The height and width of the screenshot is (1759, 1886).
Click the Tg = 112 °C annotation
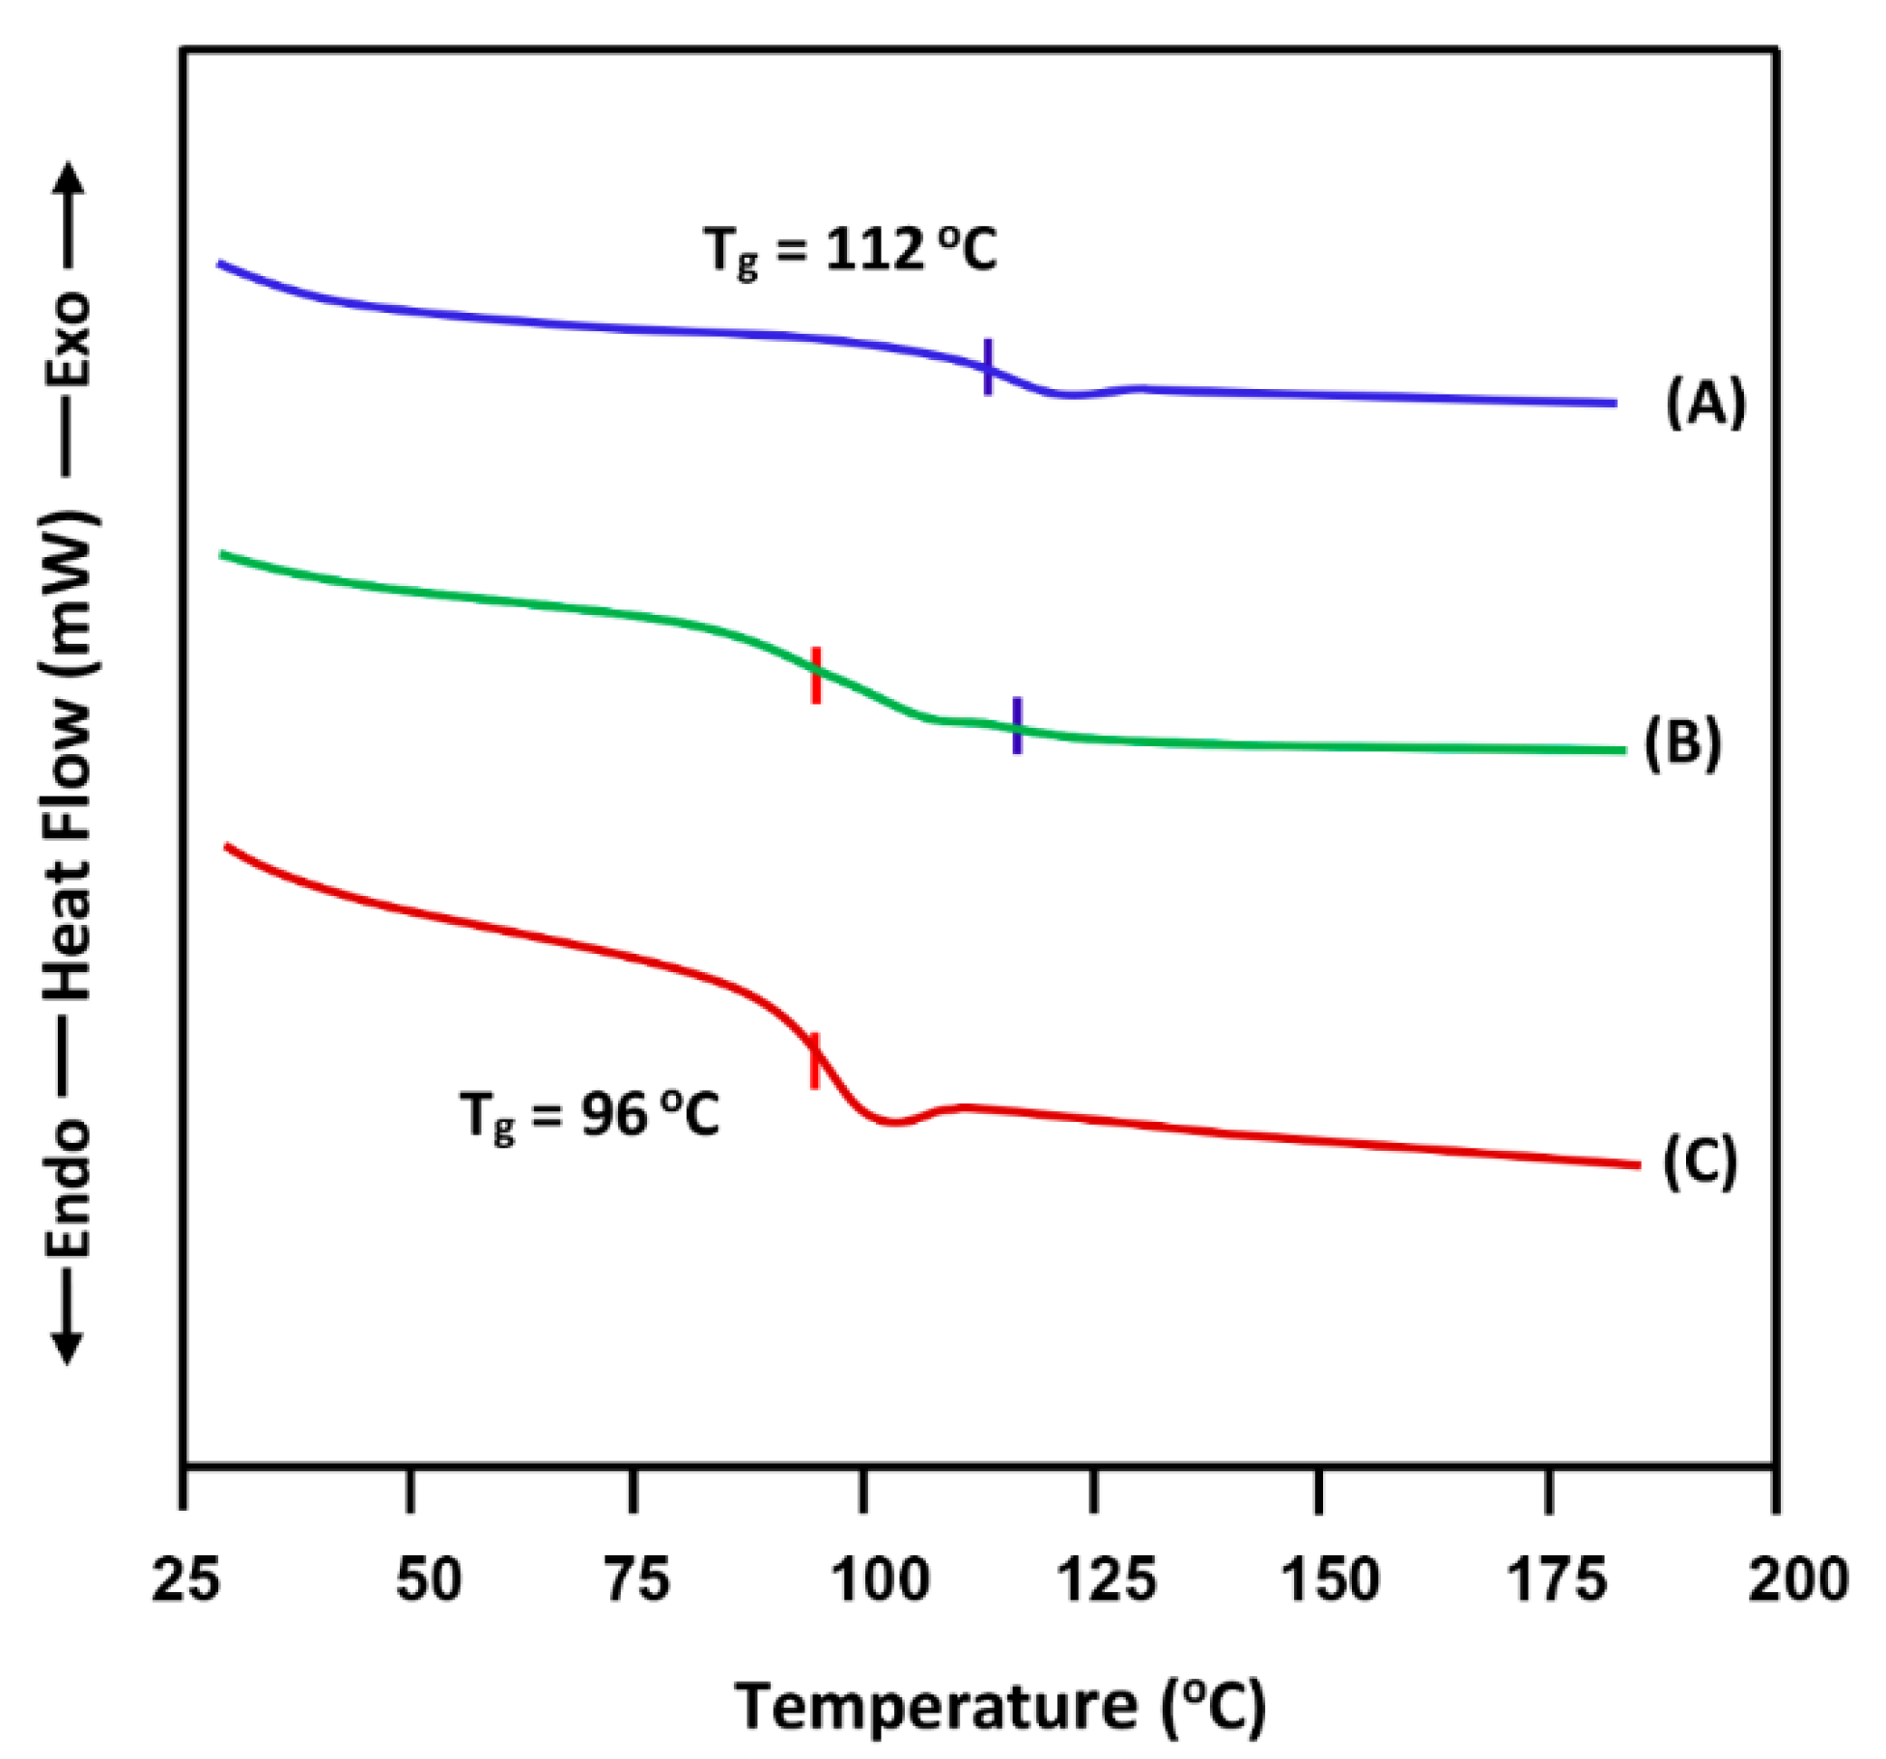[x=850, y=251]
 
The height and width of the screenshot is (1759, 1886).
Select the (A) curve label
[x=1705, y=402]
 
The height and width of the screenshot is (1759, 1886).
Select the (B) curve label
[x=1682, y=743]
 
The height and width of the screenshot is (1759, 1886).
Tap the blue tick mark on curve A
[x=988, y=367]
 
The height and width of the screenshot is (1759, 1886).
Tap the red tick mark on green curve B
[x=816, y=675]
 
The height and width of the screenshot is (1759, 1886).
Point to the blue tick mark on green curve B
[x=1017, y=724]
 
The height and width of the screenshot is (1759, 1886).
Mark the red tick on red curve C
[x=814, y=1060]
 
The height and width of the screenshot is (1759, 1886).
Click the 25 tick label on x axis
[x=185, y=1580]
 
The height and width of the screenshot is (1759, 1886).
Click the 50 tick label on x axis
[x=429, y=1580]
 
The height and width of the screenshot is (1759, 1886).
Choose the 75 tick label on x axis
[x=637, y=1580]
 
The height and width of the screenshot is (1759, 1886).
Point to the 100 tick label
[x=880, y=1580]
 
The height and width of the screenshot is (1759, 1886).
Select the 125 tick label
[x=1106, y=1580]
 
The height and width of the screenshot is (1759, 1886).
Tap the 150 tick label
[x=1330, y=1580]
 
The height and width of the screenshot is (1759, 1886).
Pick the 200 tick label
[x=1797, y=1580]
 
